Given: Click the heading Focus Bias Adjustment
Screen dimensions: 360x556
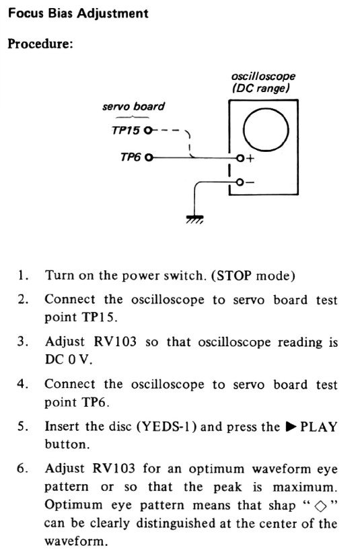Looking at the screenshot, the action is click(78, 13).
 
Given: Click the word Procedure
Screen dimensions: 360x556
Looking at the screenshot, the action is click(39, 44).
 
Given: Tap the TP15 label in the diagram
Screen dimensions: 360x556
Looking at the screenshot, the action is click(126, 130).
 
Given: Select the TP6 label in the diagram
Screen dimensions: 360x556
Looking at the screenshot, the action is click(131, 157).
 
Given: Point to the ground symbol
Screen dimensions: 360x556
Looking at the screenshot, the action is click(194, 220).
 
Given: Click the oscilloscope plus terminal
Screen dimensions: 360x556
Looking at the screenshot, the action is click(240, 158).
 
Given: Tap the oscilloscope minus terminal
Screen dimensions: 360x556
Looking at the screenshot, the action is click(240, 182).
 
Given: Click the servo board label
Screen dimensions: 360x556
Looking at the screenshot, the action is click(133, 106).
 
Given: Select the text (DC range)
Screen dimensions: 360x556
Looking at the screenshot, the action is click(260, 88).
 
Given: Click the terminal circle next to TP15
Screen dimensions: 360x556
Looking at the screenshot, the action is click(148, 130).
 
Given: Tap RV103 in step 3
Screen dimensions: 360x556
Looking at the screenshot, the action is click(115, 342).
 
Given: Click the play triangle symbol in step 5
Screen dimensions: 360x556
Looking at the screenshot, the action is click(291, 426).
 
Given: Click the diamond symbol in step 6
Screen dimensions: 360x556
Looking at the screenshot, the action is click(320, 507).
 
